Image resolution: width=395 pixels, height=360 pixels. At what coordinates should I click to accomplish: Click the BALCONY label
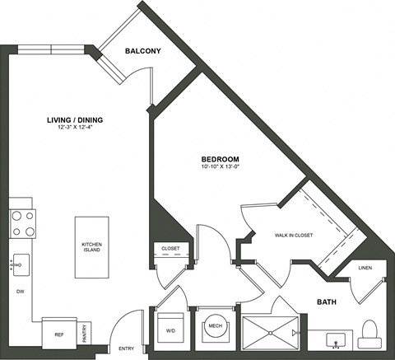click(142, 52)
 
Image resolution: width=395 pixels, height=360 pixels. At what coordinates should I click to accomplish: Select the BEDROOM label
click(221, 158)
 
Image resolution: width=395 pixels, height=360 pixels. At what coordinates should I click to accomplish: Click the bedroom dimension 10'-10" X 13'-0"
click(221, 167)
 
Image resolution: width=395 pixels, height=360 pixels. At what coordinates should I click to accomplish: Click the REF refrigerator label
click(58, 334)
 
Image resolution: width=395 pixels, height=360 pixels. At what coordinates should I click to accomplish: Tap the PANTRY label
click(86, 331)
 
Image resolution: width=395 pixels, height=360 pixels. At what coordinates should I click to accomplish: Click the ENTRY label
click(127, 348)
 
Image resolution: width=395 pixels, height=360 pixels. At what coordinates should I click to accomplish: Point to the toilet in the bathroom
click(369, 334)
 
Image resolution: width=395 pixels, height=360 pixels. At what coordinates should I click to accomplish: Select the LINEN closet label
click(366, 268)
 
